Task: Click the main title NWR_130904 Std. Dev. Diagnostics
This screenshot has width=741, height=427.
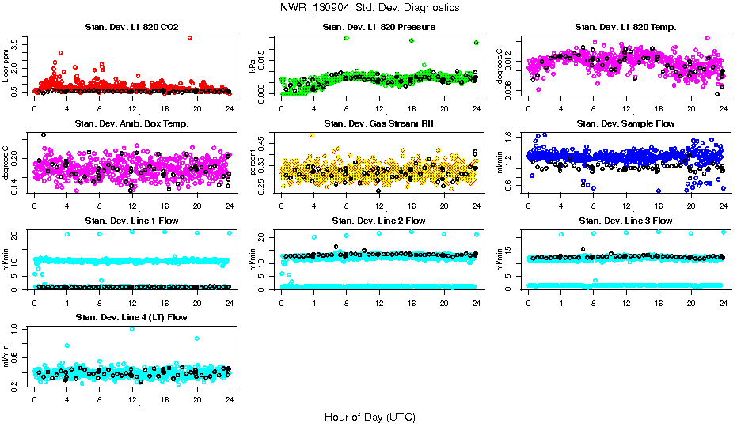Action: click(370, 7)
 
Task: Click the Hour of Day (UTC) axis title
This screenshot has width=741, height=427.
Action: click(370, 417)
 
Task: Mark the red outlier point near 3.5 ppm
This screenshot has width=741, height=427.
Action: click(189, 37)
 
